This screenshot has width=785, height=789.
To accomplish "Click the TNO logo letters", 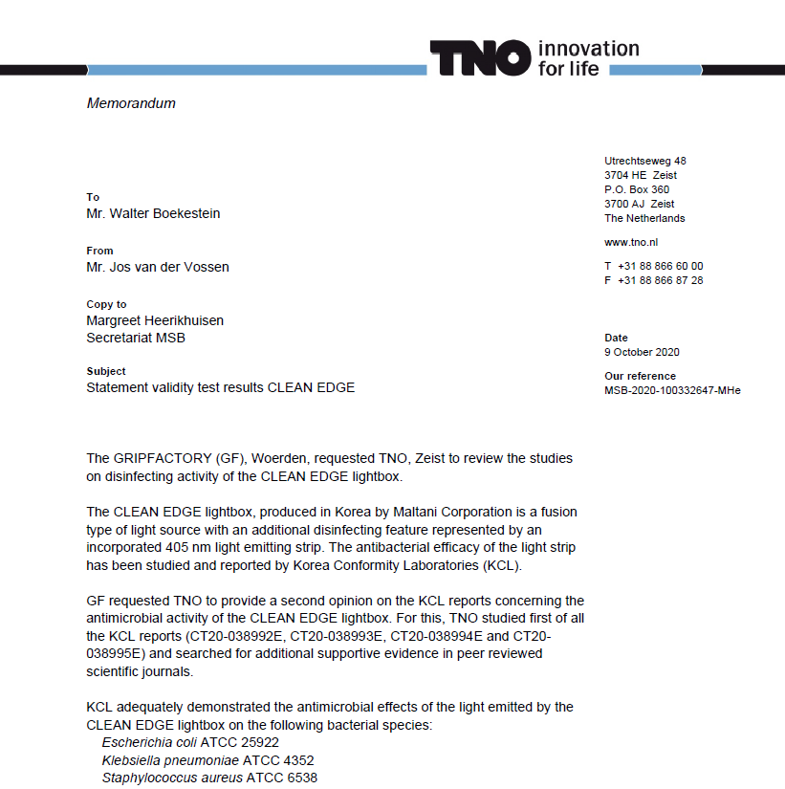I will tap(479, 58).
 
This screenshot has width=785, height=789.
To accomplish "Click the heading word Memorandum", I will tap(131, 103).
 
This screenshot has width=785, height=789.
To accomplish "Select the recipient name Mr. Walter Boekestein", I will tap(153, 213).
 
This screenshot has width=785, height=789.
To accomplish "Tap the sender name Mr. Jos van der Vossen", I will tap(158, 267).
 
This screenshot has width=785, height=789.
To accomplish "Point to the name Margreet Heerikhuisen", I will tap(155, 320).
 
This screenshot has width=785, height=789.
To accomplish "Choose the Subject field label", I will tap(106, 371).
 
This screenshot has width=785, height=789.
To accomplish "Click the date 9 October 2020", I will tap(642, 353).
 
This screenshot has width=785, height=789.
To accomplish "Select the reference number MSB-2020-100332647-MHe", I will tap(672, 390).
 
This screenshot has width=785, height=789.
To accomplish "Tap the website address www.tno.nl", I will tap(631, 243).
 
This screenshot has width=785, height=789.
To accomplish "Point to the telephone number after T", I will tap(660, 266).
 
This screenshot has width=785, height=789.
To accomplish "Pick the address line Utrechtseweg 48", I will tap(645, 161).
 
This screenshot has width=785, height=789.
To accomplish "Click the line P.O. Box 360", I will tap(637, 189).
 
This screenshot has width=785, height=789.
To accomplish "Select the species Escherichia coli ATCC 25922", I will tap(190, 742).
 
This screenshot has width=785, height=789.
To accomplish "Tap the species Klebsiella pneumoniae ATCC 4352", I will tap(207, 760).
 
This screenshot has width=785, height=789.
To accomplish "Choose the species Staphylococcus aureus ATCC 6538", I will tap(209, 778).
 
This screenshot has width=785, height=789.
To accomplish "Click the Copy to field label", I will tap(106, 304).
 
